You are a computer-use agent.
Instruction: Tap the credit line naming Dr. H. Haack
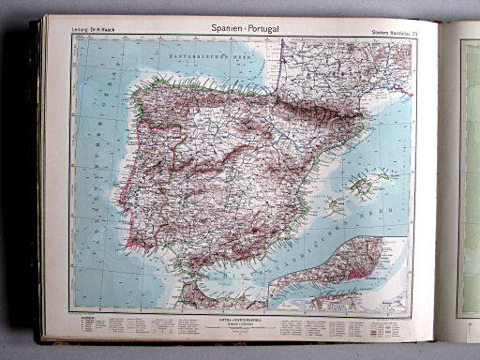(x=91, y=35)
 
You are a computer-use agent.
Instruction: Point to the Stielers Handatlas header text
(x=386, y=34)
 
